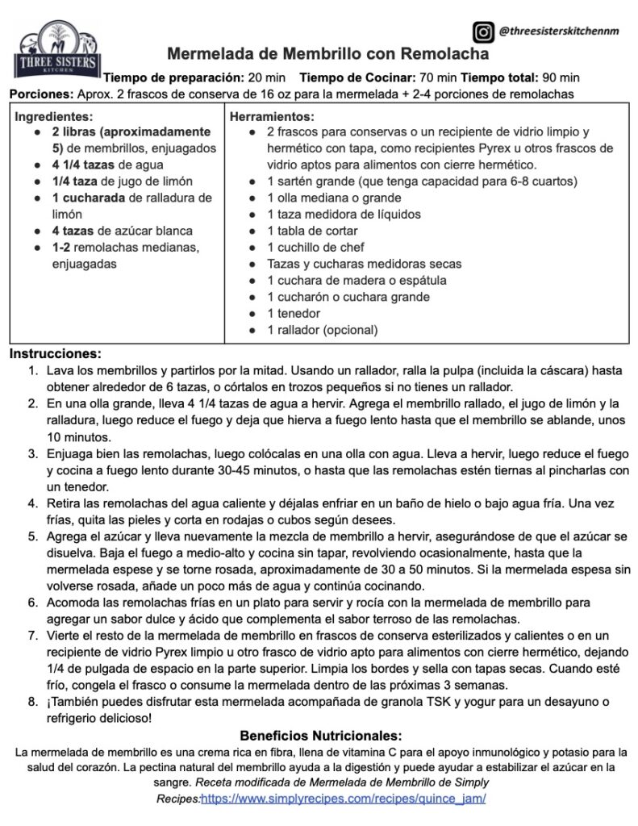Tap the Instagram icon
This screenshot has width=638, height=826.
coord(482,32)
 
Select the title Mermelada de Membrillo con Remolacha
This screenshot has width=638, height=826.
coord(327,55)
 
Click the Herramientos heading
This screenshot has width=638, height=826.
coord(271,115)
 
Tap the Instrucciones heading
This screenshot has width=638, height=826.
coord(56,353)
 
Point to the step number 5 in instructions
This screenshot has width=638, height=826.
coord(32,536)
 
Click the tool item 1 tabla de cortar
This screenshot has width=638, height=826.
coord(306,231)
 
